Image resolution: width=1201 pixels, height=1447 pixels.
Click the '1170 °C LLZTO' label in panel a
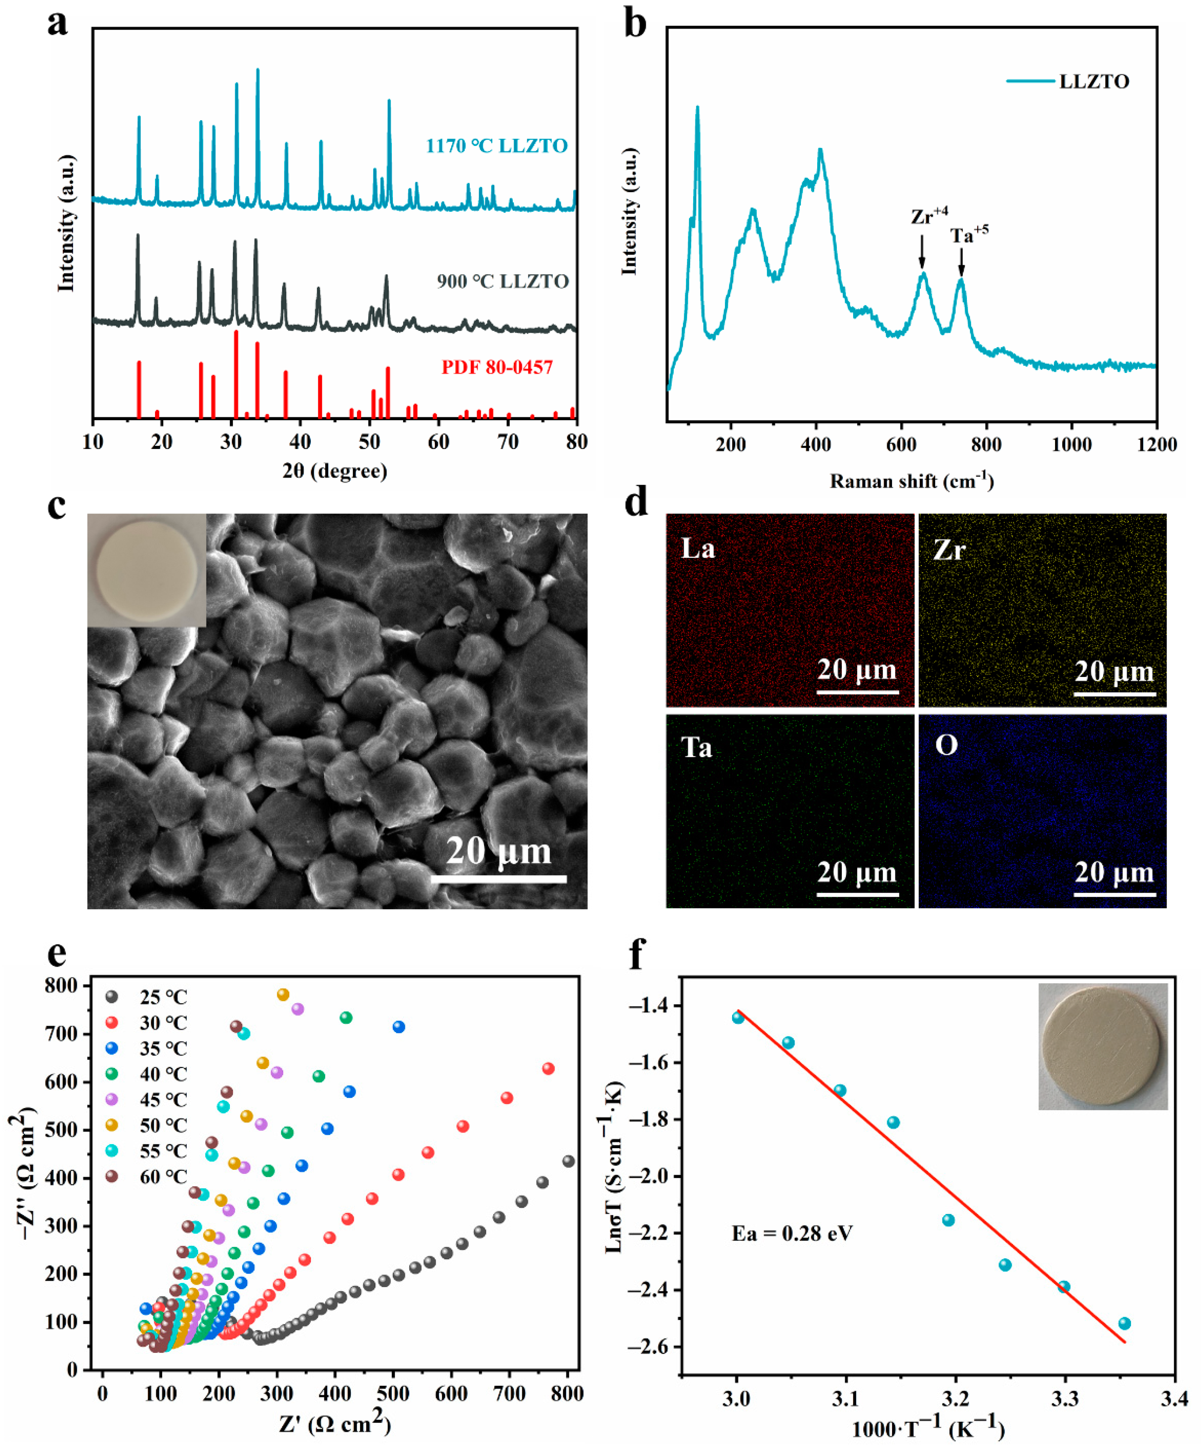pyautogui.click(x=496, y=146)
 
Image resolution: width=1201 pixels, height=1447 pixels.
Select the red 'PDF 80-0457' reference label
pyautogui.click(x=497, y=367)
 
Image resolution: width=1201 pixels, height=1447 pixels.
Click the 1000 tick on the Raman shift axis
pyautogui.click(x=1071, y=444)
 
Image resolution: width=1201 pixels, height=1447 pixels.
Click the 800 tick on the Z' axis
pyautogui.click(x=568, y=1393)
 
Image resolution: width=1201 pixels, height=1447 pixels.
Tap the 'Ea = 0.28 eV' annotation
pyautogui.click(x=792, y=1233)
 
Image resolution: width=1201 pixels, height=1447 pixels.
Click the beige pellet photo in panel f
pyautogui.click(x=1102, y=1046)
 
